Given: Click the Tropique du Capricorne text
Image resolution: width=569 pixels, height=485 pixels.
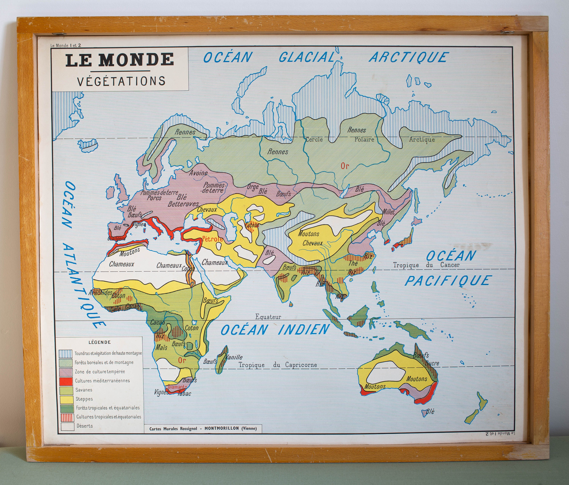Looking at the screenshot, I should [277, 365].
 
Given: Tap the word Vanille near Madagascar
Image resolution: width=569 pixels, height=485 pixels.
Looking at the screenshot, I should [234, 357].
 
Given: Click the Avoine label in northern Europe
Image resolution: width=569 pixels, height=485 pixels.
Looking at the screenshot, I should [198, 173].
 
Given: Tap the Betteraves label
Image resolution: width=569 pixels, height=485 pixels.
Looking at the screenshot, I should [183, 204].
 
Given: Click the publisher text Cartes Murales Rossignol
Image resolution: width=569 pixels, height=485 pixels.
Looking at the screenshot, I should [173, 428].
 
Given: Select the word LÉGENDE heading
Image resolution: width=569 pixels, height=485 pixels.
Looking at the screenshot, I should [99, 342].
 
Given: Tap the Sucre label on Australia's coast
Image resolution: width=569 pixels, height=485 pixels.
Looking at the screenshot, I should [432, 363].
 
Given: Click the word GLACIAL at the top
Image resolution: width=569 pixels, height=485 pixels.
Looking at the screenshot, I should [307, 58].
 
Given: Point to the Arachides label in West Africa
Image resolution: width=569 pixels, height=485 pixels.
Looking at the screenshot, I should [100, 293].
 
